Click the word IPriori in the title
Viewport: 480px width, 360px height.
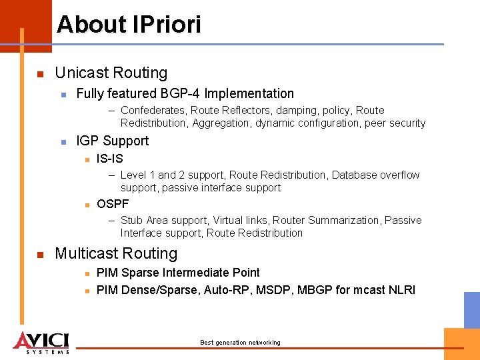pos(167,25)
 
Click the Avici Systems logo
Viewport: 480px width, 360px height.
pos(41,342)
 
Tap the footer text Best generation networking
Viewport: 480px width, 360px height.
pos(240,343)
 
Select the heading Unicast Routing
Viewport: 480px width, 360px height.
pos(111,73)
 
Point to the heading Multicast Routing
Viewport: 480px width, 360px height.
pos(116,253)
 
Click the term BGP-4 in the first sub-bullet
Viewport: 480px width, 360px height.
pos(179,93)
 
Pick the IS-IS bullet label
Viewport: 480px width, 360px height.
pos(110,159)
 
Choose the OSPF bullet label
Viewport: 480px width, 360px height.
pos(113,204)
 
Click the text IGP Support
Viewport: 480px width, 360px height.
pos(113,141)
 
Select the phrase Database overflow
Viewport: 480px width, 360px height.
pos(375,175)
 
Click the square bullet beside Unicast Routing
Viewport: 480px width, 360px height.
pos(40,73)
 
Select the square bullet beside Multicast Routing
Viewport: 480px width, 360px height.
pos(40,254)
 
